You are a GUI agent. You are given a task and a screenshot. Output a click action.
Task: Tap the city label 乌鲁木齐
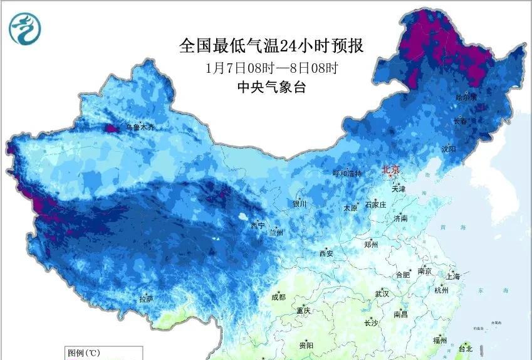[x=140, y=127]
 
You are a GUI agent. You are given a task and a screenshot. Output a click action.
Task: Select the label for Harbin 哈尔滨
[x=466, y=97]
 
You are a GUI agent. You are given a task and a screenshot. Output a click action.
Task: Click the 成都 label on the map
[x=279, y=297]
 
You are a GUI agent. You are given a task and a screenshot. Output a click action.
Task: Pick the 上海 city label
[x=452, y=277]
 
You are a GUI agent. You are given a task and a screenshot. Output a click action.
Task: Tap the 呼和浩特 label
[x=347, y=174]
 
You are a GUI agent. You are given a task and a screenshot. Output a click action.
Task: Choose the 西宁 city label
[x=258, y=225]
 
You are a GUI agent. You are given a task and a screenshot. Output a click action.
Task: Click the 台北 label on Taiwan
[x=466, y=348]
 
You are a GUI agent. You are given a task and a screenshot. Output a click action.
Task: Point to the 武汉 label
[x=382, y=294]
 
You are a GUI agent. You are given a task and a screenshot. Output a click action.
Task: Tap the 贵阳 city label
[x=306, y=345]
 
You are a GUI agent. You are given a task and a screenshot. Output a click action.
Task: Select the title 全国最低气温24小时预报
[x=271, y=46]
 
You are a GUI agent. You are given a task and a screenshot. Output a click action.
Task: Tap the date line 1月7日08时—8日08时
[x=271, y=67]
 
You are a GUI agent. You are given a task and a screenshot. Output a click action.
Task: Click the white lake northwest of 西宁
[x=243, y=218]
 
